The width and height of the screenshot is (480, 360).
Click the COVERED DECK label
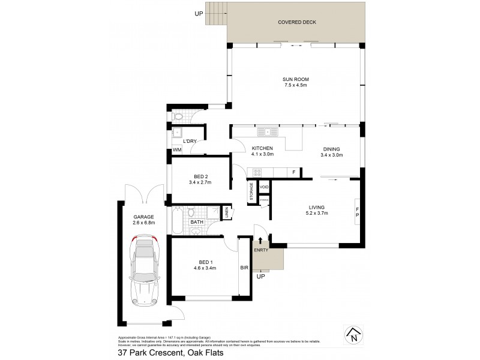[296, 23]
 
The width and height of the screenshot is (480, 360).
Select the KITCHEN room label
[262, 148]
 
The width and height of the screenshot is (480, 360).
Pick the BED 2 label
[199, 176]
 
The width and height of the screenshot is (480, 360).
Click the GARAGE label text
[143, 217]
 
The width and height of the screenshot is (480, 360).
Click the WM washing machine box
[177, 150]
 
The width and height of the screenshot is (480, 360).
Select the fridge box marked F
[294, 173]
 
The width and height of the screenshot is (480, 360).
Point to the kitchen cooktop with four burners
[257, 173]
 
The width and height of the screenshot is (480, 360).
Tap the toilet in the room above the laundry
[179, 117]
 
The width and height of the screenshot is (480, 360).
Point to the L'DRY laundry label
[190, 141]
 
